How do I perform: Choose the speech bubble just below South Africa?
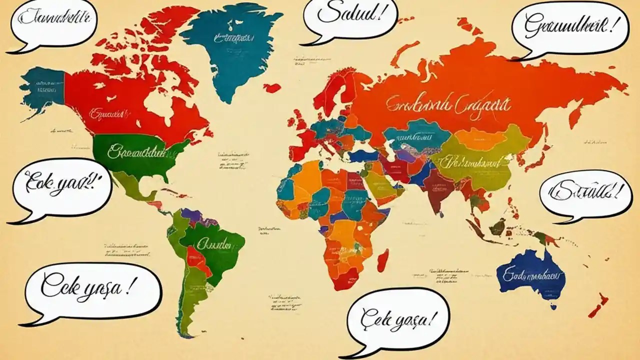397,320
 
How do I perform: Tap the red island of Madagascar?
382,260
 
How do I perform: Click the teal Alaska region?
42,87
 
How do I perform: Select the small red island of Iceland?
272,88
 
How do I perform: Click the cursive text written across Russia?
447,105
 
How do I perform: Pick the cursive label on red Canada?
106,114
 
